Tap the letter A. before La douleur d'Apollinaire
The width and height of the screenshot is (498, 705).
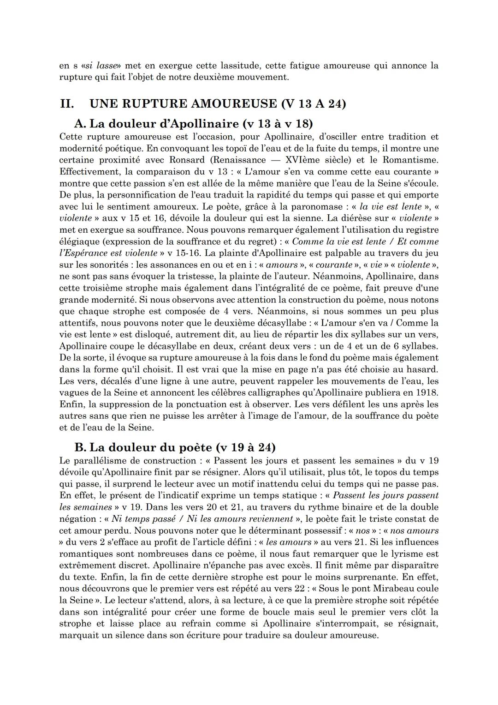click(x=80, y=124)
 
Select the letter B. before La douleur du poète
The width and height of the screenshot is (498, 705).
click(x=80, y=447)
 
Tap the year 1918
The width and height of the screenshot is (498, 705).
click(x=427, y=392)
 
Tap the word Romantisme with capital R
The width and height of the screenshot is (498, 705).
click(x=410, y=160)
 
